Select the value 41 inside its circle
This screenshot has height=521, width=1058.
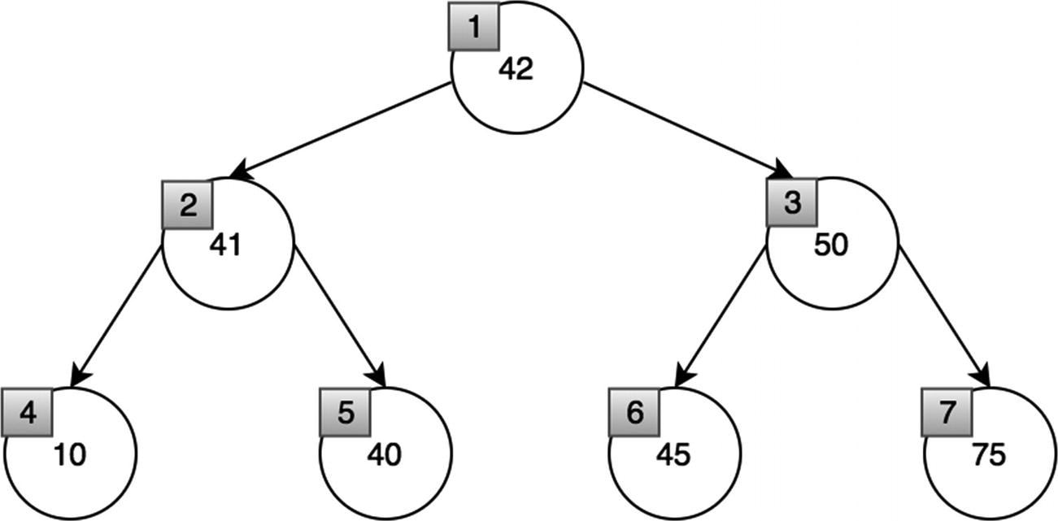pos(224,245)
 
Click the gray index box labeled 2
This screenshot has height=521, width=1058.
pos(187,203)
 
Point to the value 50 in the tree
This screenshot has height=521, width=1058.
pos(830,245)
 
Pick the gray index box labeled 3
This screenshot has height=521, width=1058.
pos(792,203)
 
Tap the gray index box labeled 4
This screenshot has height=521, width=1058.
pos(27,412)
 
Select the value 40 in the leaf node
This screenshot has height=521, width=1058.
pos(383,455)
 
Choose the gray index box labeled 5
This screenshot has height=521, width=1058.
pos(345,412)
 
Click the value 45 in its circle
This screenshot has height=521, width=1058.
pos(673,455)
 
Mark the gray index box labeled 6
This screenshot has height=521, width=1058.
pos(634,412)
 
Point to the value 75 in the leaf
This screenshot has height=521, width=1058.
pos(987,455)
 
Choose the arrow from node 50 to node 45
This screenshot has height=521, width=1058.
pos(721,317)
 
